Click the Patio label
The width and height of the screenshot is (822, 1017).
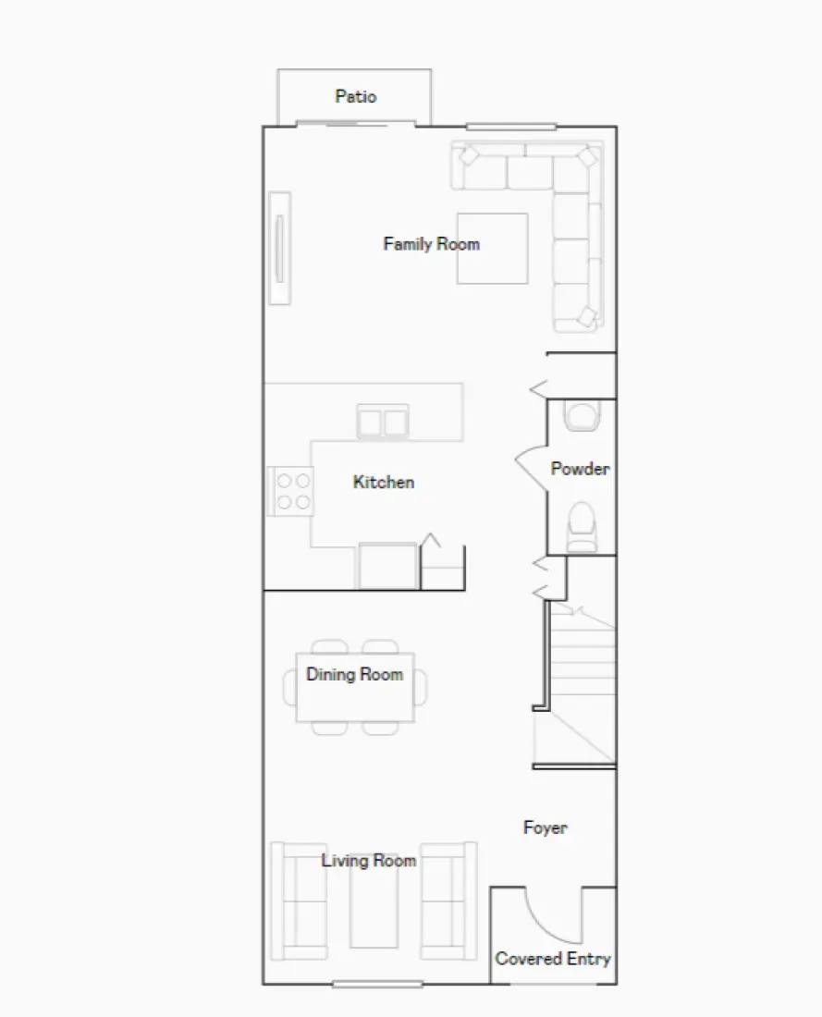click(355, 96)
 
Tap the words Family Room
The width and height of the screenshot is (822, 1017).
click(431, 244)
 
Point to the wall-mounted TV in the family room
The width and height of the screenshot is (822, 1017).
click(279, 247)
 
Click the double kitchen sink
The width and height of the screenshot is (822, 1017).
click(383, 423)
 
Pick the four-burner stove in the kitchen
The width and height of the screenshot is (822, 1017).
click(292, 491)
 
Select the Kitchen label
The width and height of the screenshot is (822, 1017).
click(383, 482)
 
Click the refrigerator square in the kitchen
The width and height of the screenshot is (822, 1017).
click(387, 566)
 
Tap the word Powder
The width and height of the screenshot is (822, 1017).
click(580, 469)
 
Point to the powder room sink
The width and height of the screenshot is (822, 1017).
click(583, 416)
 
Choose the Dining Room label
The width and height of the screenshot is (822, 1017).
click(355, 674)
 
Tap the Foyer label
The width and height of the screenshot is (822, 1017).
click(545, 827)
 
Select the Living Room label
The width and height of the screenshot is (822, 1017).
click(368, 861)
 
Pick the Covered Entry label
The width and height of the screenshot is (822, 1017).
click(553, 959)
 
